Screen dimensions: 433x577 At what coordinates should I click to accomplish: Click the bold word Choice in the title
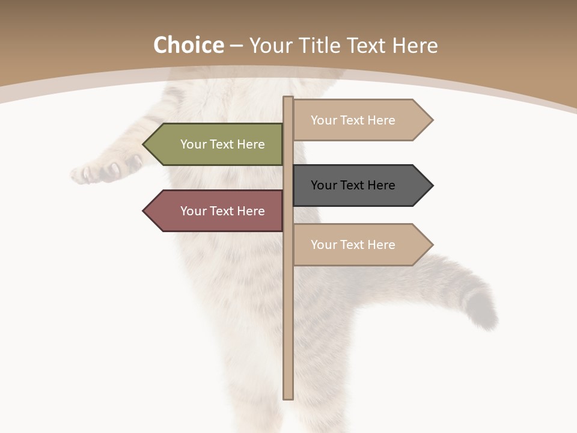pos(188,46)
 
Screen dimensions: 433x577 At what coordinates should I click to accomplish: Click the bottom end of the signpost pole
pos(288,397)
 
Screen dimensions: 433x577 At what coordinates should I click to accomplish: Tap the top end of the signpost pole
pos(288,99)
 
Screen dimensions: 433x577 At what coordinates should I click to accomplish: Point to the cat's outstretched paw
pos(99,171)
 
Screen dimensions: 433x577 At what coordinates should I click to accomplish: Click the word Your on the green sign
pos(194,144)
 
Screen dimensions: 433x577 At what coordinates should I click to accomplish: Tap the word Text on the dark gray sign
pos(353,185)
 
